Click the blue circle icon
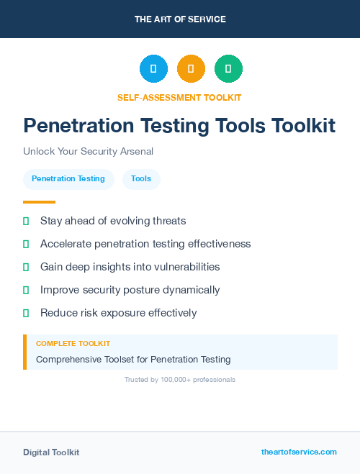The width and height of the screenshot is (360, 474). (x=153, y=68)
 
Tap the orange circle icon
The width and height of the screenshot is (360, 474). (x=191, y=68)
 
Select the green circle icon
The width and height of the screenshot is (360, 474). (x=228, y=68)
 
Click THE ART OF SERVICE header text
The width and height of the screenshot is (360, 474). (x=180, y=19)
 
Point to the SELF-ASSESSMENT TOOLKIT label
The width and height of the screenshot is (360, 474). (x=179, y=97)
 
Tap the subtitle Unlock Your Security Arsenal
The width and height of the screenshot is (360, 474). (x=88, y=152)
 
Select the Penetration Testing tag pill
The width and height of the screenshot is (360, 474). (x=68, y=179)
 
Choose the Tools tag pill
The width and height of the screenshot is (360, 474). (x=141, y=179)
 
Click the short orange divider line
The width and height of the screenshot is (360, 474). (x=39, y=202)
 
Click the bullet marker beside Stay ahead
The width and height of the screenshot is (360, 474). (x=26, y=221)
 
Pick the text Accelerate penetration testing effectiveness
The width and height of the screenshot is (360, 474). (x=145, y=244)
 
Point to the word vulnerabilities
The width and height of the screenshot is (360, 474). (x=185, y=267)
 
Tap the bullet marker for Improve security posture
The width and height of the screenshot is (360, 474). (x=26, y=290)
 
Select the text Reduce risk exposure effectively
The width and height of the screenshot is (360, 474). (x=118, y=313)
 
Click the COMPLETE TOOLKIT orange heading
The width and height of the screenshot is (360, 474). (x=73, y=344)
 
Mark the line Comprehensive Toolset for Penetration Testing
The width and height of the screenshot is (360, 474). (x=133, y=359)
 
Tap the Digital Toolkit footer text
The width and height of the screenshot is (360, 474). (x=51, y=452)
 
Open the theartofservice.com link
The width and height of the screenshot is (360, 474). (x=299, y=452)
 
